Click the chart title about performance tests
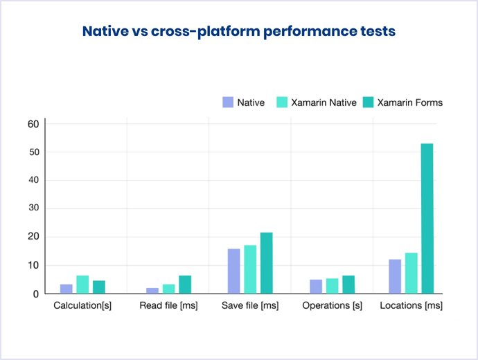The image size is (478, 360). pos(239,32)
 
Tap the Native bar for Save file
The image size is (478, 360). pos(233,271)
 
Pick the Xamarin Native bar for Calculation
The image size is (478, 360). pos(82,285)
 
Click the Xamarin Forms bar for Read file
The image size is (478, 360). pos(184,285)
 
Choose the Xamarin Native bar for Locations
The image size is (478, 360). pos(411,273)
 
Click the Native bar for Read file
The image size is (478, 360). pos(152,290)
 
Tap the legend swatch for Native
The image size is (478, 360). pos(228,102)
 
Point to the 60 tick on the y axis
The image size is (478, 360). pos(32,124)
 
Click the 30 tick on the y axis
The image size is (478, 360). pos(32,208)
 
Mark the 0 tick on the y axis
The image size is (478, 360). pos(35,294)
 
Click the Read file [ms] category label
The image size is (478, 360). pos(168,305)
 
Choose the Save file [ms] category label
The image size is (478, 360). pos(250,305)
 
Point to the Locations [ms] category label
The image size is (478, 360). pos(411,305)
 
